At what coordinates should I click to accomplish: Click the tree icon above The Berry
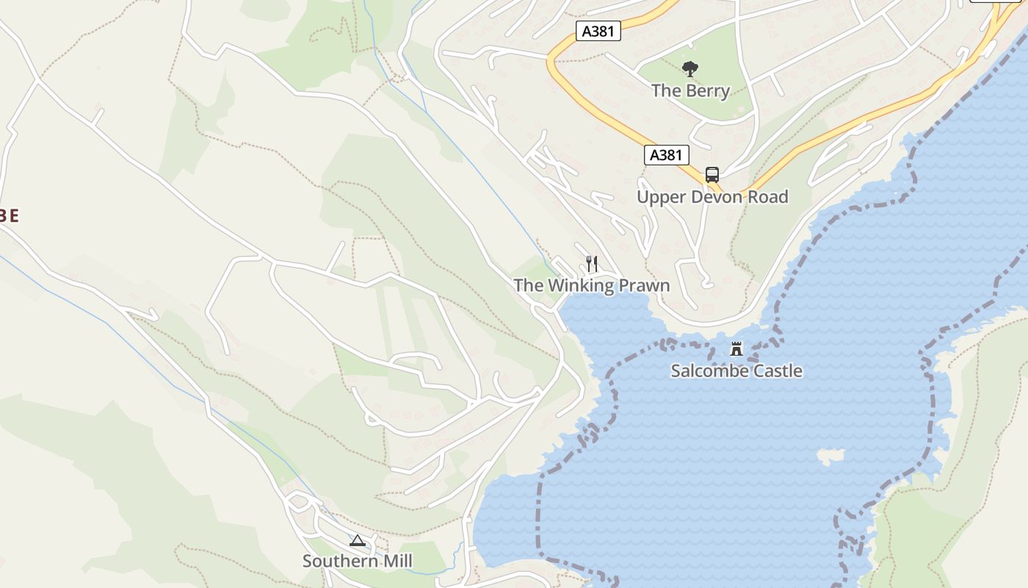coord(689,69)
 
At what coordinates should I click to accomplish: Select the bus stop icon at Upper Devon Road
coord(712,175)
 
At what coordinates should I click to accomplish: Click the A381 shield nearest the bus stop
coord(667,155)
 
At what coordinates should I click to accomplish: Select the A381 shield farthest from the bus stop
coord(598,31)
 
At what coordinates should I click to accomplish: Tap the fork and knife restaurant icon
coord(592,263)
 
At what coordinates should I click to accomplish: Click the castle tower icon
coord(736,348)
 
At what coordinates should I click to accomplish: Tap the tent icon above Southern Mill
coord(357,541)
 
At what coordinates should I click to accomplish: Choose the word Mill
coord(397,562)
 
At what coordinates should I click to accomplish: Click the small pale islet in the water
coord(830,456)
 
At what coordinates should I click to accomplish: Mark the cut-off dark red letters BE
coord(8,215)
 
